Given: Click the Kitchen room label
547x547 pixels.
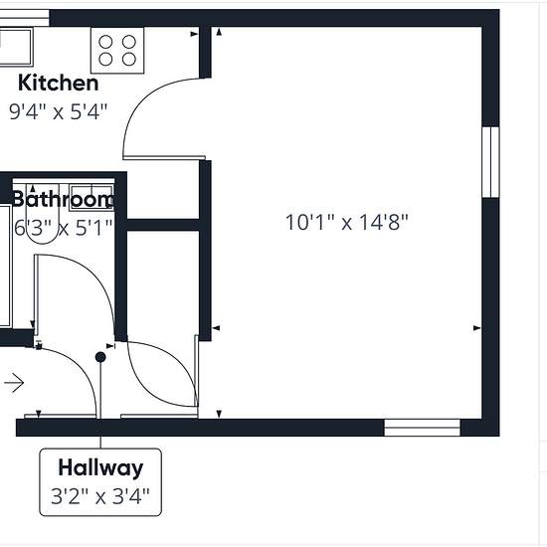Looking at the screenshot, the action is click(x=59, y=83).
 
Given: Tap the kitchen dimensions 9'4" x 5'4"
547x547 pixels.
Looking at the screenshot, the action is click(x=59, y=111).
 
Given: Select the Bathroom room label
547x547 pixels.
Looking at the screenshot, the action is click(x=63, y=200).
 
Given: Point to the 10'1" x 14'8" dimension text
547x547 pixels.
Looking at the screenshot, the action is click(x=347, y=222).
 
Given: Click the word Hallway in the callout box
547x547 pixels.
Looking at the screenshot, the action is click(x=100, y=467).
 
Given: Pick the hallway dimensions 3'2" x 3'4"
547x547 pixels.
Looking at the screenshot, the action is click(x=100, y=496).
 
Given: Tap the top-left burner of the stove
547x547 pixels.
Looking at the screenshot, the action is click(x=105, y=42).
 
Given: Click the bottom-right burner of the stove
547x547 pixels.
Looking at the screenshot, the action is click(x=129, y=59).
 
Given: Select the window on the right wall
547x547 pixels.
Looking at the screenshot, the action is click(x=491, y=162).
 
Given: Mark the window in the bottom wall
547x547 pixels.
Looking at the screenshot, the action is click(x=422, y=428).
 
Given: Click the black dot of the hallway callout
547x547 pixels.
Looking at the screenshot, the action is click(x=100, y=357).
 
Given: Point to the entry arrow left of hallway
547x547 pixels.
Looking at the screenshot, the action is click(x=14, y=383).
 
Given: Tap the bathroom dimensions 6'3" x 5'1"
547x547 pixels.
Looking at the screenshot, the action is click(x=63, y=228).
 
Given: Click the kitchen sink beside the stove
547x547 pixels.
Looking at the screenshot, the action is click(x=16, y=47).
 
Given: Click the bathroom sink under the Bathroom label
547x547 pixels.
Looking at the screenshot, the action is click(x=91, y=198).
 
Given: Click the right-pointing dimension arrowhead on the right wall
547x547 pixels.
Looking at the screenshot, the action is click(x=476, y=328).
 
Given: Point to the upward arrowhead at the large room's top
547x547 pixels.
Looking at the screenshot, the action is click(x=219, y=32).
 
